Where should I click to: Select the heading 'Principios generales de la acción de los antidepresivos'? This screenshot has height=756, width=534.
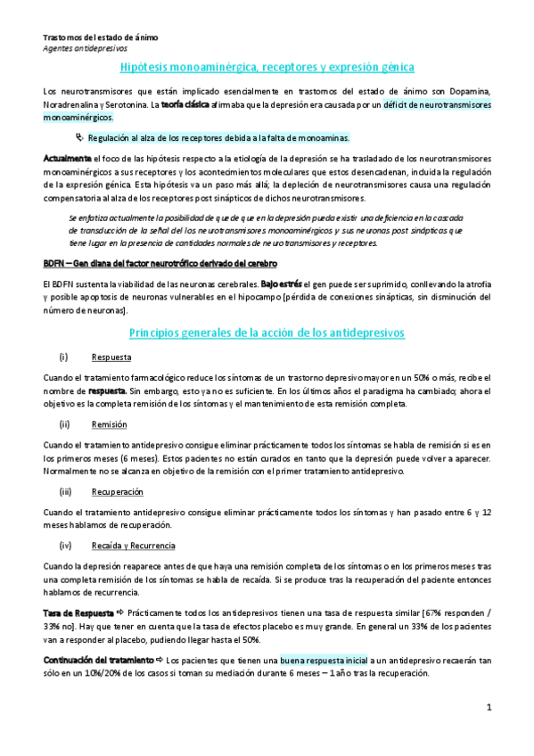click(267, 333)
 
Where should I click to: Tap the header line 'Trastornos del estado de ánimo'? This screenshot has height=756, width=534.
click(101, 38)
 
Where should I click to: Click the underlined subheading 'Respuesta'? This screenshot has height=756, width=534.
click(111, 357)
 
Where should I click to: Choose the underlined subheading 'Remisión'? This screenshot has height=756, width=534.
click(109, 424)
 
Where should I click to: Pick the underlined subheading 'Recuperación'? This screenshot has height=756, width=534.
click(117, 491)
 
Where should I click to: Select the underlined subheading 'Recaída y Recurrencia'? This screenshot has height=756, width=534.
click(133, 545)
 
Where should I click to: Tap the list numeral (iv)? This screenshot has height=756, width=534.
click(64, 545)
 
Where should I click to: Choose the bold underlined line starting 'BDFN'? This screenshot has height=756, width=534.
click(160, 264)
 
